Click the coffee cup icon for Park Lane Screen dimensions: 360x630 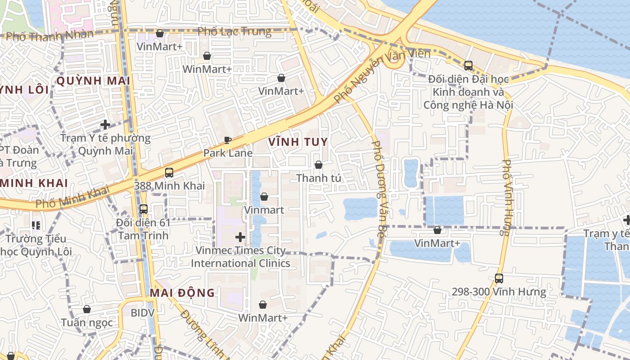pos(228,140)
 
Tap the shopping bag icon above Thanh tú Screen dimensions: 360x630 pos(319,165)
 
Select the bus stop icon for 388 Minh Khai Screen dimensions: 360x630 pos(169,172)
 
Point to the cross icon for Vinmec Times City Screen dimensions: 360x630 pos(240,237)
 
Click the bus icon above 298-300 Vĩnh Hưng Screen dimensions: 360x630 pos(499,278)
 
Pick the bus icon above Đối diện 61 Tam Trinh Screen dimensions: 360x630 pos(143,209)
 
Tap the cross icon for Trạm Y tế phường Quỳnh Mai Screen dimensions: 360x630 pos(105,124)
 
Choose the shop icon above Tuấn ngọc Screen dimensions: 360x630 pos(87,309)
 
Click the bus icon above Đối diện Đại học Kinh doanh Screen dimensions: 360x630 pos(468,66)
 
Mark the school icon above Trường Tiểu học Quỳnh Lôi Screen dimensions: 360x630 pos(36,225)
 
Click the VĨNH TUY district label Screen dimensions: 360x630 pos(298,142)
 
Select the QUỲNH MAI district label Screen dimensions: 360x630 pos(93,81)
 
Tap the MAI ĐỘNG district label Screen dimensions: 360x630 pos(182,293)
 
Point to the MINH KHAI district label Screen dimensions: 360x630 pos(34,183)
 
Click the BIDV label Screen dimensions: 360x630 pos(143,313)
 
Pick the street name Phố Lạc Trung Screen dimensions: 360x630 pos(234,31)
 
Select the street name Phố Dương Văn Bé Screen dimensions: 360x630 pos(379,189)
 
